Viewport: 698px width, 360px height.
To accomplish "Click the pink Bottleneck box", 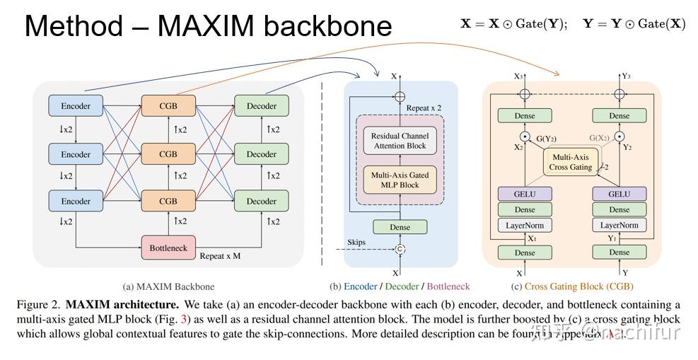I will click(x=168, y=248).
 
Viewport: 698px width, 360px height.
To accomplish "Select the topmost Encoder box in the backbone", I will click(x=76, y=106).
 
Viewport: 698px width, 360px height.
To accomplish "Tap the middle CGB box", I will click(x=168, y=153).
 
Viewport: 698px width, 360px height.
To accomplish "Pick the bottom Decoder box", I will click(x=261, y=201).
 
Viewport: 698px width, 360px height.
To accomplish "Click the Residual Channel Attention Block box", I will click(x=400, y=141).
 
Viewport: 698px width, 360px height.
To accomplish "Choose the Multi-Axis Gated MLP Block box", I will click(x=400, y=180).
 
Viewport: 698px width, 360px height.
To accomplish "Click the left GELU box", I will click(x=525, y=193).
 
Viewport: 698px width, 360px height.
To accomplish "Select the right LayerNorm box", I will click(x=619, y=226).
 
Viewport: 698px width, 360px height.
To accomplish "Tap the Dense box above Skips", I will click(x=400, y=227).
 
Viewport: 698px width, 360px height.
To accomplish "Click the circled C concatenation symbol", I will click(x=400, y=249).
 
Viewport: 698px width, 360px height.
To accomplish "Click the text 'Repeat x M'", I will click(x=220, y=256).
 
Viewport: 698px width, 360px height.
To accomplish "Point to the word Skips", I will click(x=356, y=242).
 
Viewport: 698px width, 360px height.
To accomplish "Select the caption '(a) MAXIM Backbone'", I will click(x=168, y=286).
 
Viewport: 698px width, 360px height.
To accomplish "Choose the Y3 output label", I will click(x=626, y=76).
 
